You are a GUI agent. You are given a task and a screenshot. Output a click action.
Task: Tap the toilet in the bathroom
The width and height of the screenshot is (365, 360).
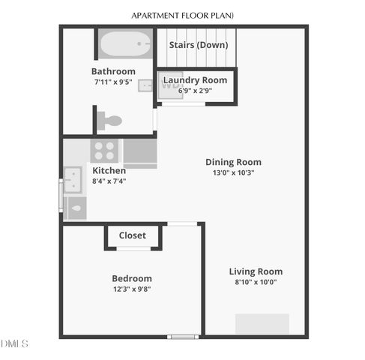point(112,120)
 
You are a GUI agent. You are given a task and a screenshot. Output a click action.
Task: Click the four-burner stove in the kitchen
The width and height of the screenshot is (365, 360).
point(104,150)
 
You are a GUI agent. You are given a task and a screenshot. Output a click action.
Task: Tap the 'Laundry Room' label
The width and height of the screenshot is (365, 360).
point(195,80)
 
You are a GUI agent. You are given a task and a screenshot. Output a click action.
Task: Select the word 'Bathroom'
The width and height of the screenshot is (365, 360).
point(113,72)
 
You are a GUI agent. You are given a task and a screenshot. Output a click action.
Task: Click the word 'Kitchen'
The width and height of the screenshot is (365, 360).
point(109,170)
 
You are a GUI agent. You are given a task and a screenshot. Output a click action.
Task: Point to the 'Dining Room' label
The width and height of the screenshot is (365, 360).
point(234,162)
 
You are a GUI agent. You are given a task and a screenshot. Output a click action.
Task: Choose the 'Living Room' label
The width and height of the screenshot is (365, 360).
point(256,271)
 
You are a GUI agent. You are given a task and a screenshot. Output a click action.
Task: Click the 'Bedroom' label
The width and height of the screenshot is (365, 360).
point(132,278)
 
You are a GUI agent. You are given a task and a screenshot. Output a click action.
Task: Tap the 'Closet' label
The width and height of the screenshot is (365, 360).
point(133,235)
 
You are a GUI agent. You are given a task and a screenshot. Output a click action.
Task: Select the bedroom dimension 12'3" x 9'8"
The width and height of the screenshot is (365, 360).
point(132,289)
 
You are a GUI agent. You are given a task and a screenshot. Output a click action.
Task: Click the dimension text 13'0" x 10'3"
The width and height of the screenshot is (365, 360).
point(234,172)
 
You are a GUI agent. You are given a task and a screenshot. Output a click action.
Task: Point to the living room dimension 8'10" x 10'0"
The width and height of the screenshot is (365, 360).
point(256,282)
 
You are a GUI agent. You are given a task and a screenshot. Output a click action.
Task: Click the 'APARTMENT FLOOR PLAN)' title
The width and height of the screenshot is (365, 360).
point(182,15)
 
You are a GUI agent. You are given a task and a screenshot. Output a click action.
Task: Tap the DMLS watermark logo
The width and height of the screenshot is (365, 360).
point(14,343)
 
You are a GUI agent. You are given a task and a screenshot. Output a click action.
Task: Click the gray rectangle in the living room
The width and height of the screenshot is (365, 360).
point(262,323)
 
